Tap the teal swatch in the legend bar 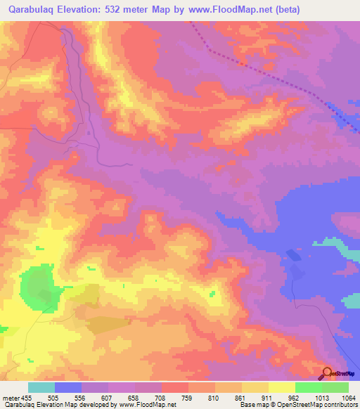41,387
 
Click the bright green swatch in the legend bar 308,387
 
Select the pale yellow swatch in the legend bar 281,387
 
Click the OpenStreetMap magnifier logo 328,372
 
